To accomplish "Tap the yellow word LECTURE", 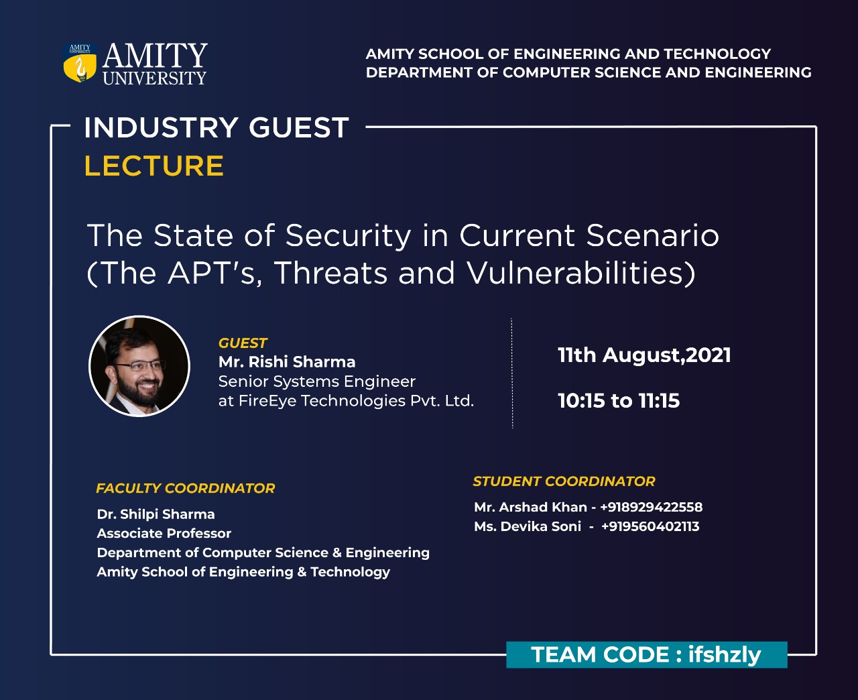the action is pyautogui.click(x=154, y=166).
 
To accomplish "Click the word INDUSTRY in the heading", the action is pyautogui.click(x=161, y=127).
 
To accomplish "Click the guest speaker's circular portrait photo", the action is pyautogui.click(x=139, y=366).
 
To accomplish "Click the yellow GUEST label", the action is pyautogui.click(x=243, y=343).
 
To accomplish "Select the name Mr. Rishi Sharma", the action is pyautogui.click(x=287, y=362).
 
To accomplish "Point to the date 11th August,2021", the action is pyautogui.click(x=644, y=355).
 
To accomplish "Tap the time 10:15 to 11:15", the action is pyautogui.click(x=619, y=400).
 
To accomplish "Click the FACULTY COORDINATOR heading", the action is pyautogui.click(x=186, y=488).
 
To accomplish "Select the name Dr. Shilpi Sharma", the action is pyautogui.click(x=156, y=514).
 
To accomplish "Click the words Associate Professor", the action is pyautogui.click(x=164, y=533).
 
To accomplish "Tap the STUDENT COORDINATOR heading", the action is pyautogui.click(x=564, y=481).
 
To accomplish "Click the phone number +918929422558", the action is pyautogui.click(x=652, y=507).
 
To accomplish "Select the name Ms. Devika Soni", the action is pyautogui.click(x=528, y=526).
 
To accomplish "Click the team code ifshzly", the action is pyautogui.click(x=725, y=655).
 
